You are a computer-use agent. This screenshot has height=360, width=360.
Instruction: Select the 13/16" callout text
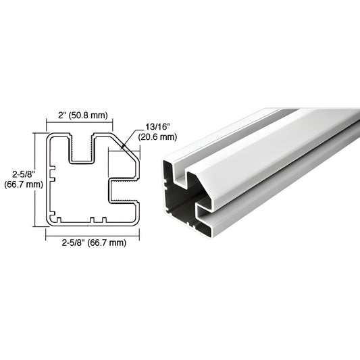coord(157,127)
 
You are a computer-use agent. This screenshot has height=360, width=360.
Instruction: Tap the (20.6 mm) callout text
coord(158,137)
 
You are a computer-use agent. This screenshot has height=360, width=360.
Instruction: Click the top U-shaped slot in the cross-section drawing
coord(82,149)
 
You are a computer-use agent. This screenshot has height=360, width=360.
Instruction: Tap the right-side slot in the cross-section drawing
coord(125,190)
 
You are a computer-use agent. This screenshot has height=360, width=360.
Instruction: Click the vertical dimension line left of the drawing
coord(35,178)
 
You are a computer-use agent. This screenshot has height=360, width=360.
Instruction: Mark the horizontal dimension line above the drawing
coord(80,124)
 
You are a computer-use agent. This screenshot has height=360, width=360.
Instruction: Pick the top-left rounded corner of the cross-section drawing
coord(49,137)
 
